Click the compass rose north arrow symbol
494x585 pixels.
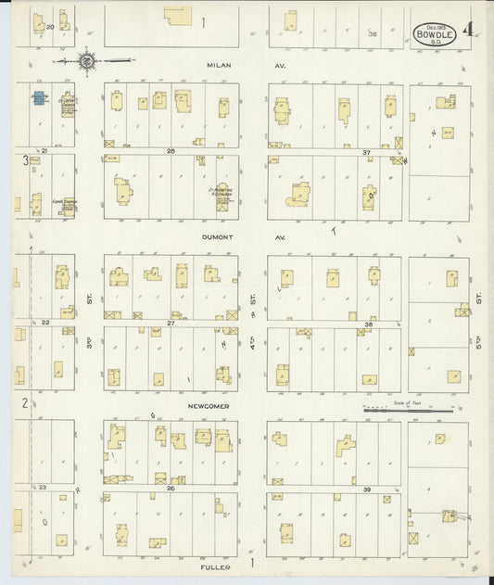tap(85, 61)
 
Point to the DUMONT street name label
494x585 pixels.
tap(220, 236)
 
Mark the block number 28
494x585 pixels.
tap(171, 150)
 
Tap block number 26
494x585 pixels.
tap(171, 488)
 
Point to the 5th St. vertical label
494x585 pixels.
tap(479, 299)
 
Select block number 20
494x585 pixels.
tap(50, 27)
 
